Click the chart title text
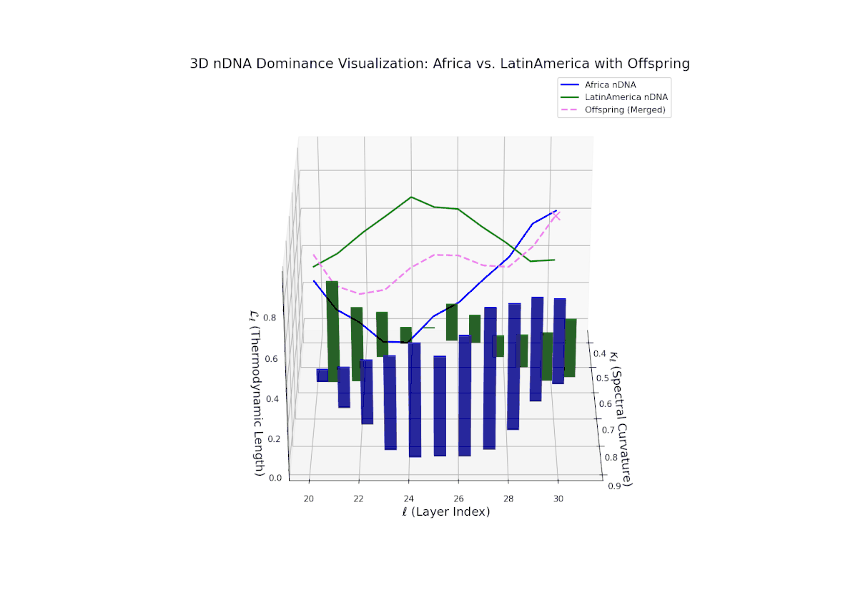(439, 64)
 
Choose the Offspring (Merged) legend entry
(625, 109)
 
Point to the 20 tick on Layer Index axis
(310, 498)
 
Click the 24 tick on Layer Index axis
(409, 498)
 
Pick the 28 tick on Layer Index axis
(508, 498)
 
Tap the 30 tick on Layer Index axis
(558, 498)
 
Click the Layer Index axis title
(446, 512)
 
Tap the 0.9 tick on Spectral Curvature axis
(614, 486)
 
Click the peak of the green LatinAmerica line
(411, 197)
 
